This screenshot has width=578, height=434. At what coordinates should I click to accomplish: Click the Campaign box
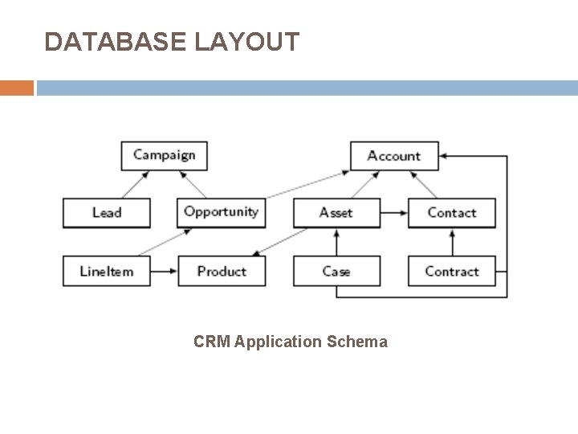(x=164, y=155)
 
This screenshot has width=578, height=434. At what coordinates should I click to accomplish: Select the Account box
(x=394, y=155)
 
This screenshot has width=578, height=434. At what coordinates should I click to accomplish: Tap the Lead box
(x=106, y=212)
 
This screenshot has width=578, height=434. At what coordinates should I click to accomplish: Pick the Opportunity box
(x=221, y=212)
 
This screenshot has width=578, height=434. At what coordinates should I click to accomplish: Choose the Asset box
(x=336, y=212)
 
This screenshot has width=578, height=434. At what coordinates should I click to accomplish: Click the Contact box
(x=451, y=212)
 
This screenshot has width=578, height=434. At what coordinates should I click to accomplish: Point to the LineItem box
(x=106, y=271)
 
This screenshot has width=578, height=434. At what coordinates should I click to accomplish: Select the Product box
(x=221, y=271)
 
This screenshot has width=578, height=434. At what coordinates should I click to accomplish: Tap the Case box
(x=336, y=271)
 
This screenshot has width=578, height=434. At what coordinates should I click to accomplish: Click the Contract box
(x=451, y=271)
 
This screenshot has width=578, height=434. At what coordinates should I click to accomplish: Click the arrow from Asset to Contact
(x=393, y=213)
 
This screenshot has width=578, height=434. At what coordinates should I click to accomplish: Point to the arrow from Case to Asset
(x=336, y=242)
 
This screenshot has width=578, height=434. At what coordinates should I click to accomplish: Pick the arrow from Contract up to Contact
(x=452, y=242)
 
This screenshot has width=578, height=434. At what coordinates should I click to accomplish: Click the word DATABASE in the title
(x=116, y=42)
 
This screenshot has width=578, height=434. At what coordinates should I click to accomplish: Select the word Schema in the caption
(x=357, y=342)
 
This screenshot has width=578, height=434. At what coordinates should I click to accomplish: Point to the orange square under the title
(x=17, y=88)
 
